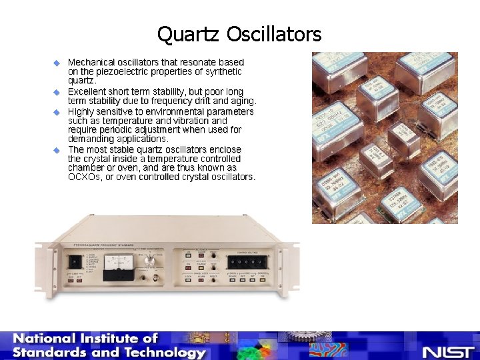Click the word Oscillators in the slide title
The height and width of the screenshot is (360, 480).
coord(274,34)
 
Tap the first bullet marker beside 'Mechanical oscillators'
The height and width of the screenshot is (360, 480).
coord(57,63)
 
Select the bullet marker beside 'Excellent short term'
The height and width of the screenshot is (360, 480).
coord(57,91)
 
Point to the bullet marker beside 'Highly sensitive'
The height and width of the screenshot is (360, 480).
coord(57,112)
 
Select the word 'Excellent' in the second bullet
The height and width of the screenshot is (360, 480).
coord(89,91)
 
